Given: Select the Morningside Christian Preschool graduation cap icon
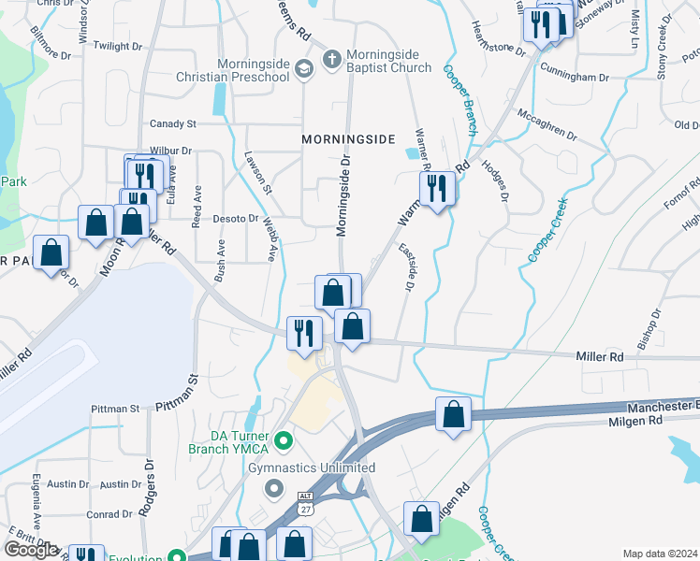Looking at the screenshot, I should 304,68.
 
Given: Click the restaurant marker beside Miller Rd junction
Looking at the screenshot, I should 303,333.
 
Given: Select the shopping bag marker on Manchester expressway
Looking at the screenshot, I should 453,416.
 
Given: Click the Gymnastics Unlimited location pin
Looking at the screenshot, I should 274,487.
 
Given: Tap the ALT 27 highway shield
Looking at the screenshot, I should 306,503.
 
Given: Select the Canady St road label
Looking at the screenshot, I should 173,123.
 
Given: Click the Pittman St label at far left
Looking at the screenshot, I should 115,409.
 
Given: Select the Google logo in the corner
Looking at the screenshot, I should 32,549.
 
